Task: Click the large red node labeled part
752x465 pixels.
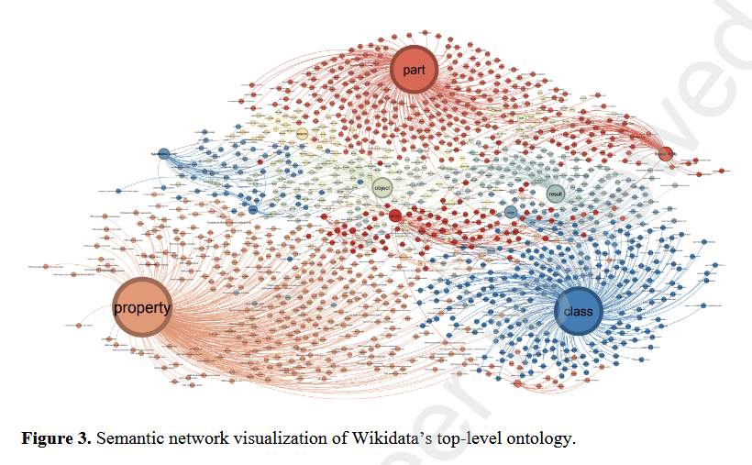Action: click(x=414, y=69)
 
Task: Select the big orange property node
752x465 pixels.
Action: click(x=141, y=307)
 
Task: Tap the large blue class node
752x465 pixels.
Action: click(x=579, y=311)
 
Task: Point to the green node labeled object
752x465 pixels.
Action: click(x=382, y=188)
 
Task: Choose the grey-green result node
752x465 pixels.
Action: click(x=555, y=194)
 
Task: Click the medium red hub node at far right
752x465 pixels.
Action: click(x=666, y=153)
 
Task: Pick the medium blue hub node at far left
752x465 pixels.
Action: click(x=163, y=153)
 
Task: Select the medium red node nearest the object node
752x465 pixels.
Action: click(x=394, y=215)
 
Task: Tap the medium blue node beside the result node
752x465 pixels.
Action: click(x=511, y=212)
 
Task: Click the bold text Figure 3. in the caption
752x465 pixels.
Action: click(x=56, y=437)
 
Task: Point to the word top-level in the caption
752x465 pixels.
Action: click(x=450, y=437)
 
